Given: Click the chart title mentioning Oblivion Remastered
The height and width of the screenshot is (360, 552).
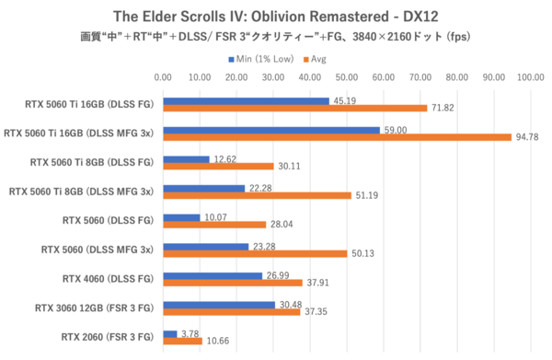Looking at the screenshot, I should click(276, 16).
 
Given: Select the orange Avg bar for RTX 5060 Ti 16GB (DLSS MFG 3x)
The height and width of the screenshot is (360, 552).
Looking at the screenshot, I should click(337, 137).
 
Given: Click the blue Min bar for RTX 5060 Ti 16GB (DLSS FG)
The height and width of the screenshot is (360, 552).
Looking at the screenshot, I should click(246, 101).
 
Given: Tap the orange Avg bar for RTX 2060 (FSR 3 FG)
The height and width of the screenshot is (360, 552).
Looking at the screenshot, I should click(182, 342).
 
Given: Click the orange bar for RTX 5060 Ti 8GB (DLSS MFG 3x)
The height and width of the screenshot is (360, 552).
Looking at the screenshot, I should click(257, 195).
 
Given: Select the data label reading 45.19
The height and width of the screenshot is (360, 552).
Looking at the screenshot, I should click(343, 101).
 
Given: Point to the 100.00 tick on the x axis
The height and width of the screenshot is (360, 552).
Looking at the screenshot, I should click(531, 77).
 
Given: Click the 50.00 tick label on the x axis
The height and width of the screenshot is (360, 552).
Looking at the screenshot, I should click(347, 77).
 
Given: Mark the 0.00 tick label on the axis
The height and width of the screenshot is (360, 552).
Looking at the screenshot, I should click(163, 77).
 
